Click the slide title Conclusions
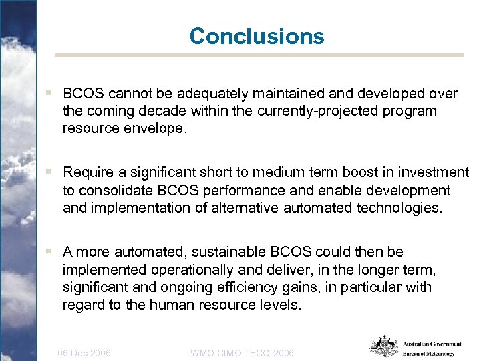point(257,35)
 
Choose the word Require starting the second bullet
point(87,173)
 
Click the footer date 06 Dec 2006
point(84,352)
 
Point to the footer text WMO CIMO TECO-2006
point(242,352)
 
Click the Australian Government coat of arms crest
point(385,346)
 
